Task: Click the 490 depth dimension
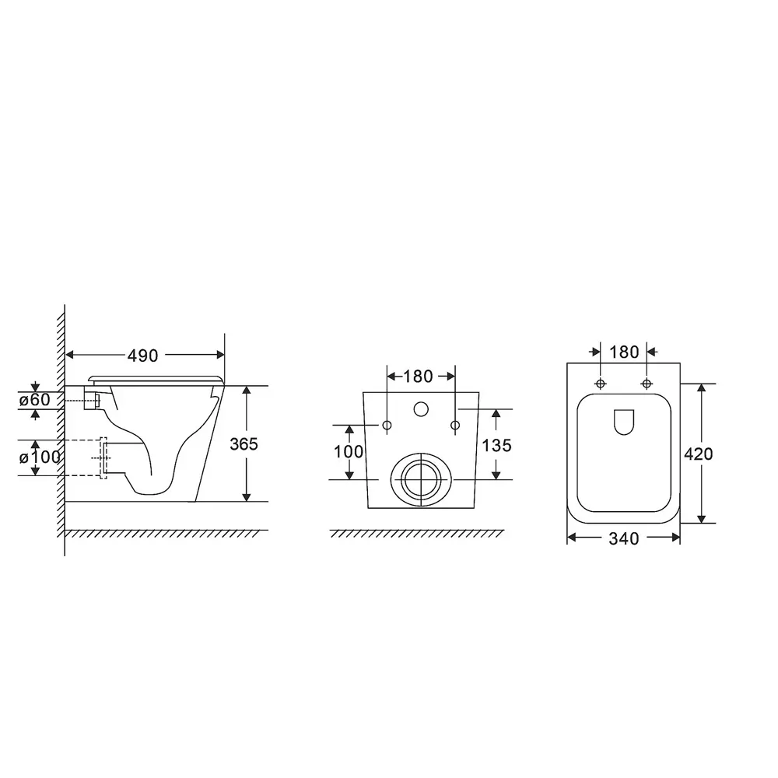click(x=143, y=356)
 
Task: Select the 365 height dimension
click(x=244, y=444)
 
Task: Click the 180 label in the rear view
click(x=418, y=377)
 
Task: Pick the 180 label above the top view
click(x=624, y=352)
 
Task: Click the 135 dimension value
click(x=497, y=445)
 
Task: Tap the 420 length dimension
click(x=698, y=454)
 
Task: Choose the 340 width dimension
click(x=623, y=538)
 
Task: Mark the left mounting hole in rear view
click(x=387, y=425)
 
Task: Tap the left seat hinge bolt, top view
click(x=601, y=384)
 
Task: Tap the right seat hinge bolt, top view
click(x=647, y=384)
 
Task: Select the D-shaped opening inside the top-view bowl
click(x=624, y=422)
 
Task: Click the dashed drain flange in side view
click(x=103, y=457)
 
